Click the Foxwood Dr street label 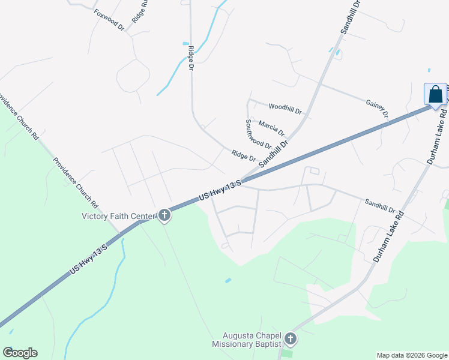108,19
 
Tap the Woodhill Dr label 285,109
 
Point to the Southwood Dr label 258,133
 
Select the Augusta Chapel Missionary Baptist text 246,340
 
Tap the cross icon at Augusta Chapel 291,340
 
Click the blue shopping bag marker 435,95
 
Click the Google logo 20,353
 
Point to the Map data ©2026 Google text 411,355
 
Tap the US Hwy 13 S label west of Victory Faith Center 88,259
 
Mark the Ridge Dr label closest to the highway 244,155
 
